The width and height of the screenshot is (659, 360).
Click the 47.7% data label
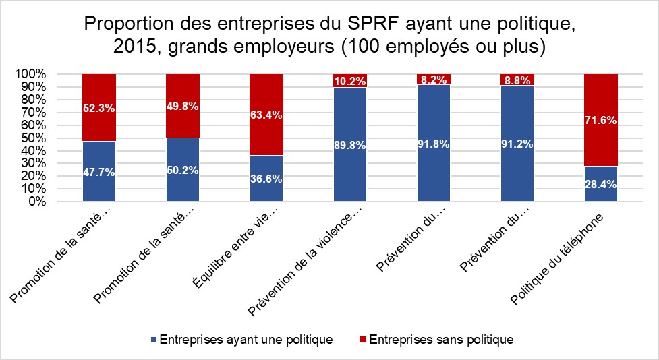pyautogui.click(x=99, y=171)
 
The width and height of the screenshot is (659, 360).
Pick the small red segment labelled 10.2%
pyautogui.click(x=350, y=80)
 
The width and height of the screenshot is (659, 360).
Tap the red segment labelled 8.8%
pyautogui.click(x=517, y=80)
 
